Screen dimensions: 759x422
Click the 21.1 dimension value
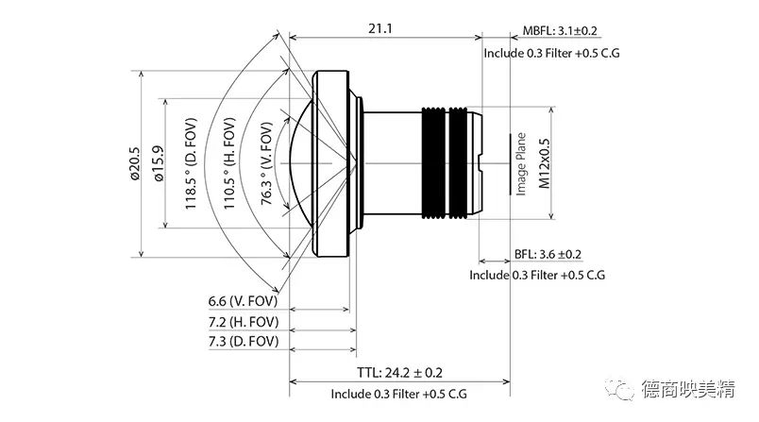[380, 28]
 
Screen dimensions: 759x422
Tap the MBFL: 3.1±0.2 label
[560, 30]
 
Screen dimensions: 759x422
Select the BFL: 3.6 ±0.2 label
[548, 254]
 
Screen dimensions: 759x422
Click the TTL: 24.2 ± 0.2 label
[400, 373]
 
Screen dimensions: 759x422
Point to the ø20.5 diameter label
[134, 163]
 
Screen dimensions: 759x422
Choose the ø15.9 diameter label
[159, 163]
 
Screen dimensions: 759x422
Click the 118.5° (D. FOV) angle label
[191, 163]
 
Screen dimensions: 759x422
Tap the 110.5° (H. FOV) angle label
[229, 163]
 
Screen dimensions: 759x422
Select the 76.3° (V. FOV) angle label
[267, 163]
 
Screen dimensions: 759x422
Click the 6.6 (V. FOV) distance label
[243, 301]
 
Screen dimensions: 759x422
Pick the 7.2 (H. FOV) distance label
[244, 322]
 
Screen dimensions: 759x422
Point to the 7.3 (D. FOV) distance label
[244, 341]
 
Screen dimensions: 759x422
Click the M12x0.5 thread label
[544, 163]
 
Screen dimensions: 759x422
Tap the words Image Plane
[521, 163]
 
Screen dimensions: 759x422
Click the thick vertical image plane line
[510, 164]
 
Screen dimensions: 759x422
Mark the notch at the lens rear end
[479, 162]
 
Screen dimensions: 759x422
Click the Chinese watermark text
[688, 389]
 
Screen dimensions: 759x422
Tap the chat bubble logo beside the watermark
[619, 389]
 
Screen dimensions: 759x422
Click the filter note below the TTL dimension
[399, 394]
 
